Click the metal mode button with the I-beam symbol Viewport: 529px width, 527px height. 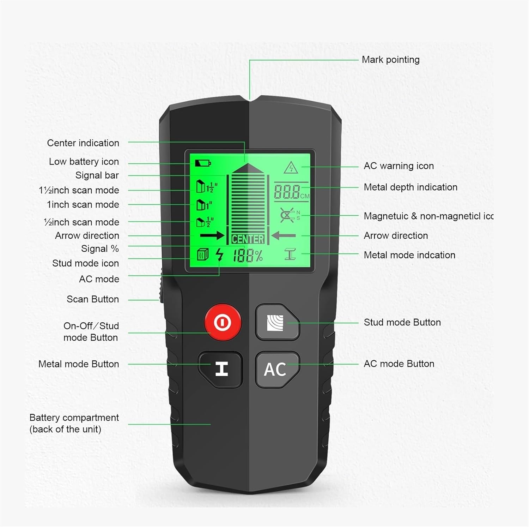(221, 369)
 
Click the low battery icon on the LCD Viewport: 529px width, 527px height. (203, 163)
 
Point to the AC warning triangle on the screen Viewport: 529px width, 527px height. (291, 168)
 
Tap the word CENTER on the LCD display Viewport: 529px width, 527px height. (248, 239)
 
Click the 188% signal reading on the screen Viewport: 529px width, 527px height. (248, 256)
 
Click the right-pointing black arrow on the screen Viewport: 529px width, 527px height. (212, 235)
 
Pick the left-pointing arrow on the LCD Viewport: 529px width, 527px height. (284, 235)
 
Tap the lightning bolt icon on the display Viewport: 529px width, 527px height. (220, 254)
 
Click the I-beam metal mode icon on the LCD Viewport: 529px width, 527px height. (290, 254)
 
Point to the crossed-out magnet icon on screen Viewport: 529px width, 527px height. (288, 215)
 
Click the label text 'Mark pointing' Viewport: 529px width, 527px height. (390, 60)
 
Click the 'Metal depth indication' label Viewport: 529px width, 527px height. (411, 187)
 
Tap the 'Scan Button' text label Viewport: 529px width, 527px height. (92, 299)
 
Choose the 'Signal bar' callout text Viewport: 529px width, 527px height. (97, 175)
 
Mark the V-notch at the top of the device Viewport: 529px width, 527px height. (250, 101)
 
